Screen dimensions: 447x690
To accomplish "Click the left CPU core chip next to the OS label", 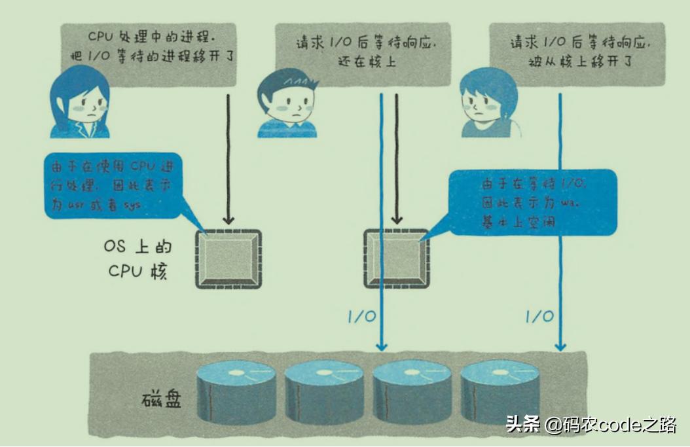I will point(228,259).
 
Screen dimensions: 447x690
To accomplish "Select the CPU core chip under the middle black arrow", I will point(396,259).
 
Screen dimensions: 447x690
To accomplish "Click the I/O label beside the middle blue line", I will point(361,317).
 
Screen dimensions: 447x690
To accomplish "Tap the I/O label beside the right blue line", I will point(539,317).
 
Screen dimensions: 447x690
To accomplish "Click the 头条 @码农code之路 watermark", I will point(590,425).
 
